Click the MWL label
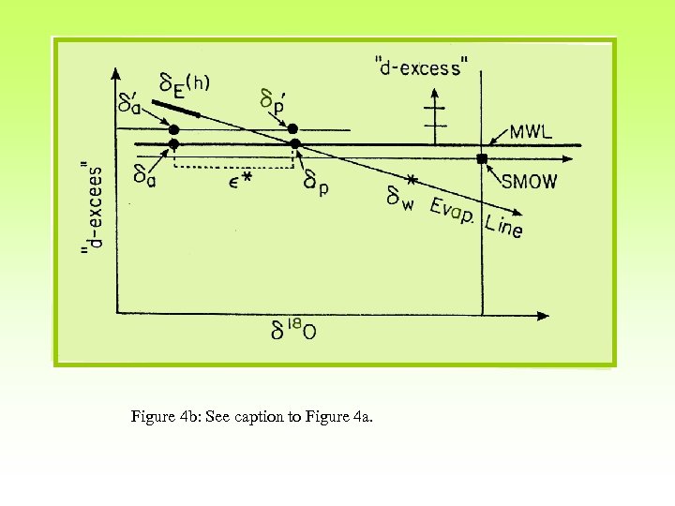531,131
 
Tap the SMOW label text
529,181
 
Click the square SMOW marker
482,159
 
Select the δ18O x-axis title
293,331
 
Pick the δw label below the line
401,198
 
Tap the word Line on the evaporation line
504,226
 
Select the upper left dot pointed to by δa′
173,129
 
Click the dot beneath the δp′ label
292,128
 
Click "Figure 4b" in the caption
160,417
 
